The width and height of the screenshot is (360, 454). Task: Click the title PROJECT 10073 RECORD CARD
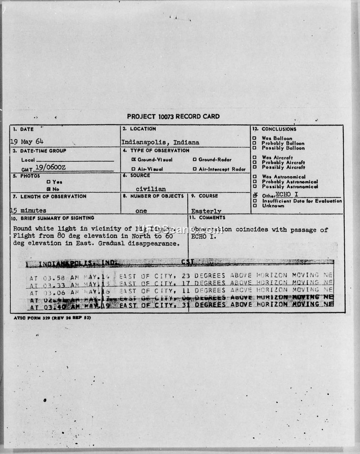pyautogui.click(x=173, y=116)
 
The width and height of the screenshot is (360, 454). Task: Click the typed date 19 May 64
pyautogui.click(x=27, y=141)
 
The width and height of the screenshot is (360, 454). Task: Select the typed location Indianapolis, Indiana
pyautogui.click(x=160, y=142)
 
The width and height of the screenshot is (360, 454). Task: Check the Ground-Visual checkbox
pyautogui.click(x=134, y=160)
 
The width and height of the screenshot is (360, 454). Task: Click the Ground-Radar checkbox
pyautogui.click(x=194, y=160)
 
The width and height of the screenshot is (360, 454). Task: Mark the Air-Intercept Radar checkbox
pyautogui.click(x=194, y=169)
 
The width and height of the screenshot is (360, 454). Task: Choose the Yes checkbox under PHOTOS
pyautogui.click(x=49, y=182)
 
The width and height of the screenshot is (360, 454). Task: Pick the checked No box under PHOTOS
pyautogui.click(x=49, y=189)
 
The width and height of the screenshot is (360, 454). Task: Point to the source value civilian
pyautogui.click(x=151, y=189)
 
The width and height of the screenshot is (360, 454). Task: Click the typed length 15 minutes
pyautogui.click(x=28, y=210)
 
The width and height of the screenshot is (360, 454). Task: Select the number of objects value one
pyautogui.click(x=141, y=210)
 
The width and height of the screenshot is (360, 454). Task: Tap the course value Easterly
pyautogui.click(x=206, y=211)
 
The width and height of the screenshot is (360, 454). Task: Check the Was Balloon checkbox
pyautogui.click(x=255, y=138)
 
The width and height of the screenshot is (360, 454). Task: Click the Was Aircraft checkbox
pyautogui.click(x=255, y=158)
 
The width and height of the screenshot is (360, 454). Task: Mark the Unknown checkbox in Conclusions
pyautogui.click(x=255, y=206)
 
